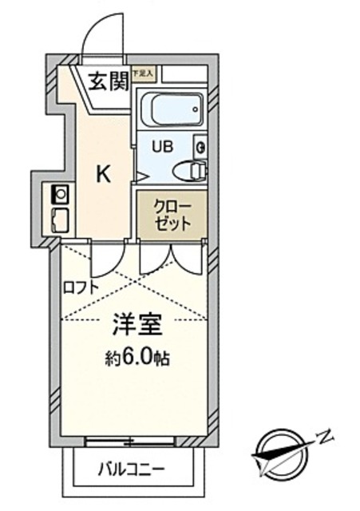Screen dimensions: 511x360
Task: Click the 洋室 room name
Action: [138, 326]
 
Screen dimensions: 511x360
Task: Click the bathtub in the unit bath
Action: [171, 109]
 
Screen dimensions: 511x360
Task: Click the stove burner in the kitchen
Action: [60, 192]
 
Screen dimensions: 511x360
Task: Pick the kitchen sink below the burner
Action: [60, 217]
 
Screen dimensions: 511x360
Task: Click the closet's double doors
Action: [171, 257]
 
